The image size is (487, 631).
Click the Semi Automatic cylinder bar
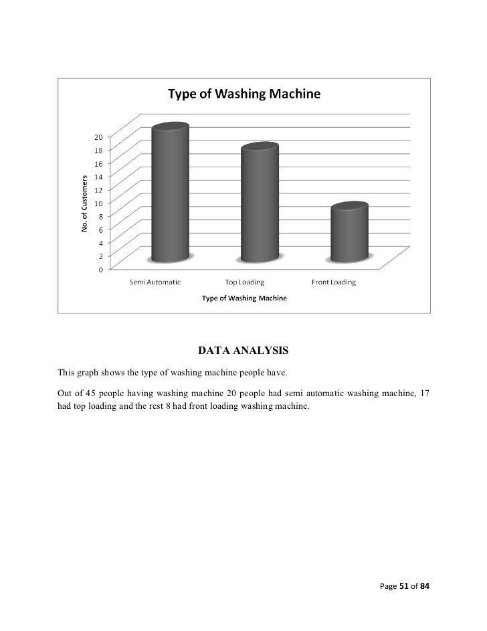pos(171,194)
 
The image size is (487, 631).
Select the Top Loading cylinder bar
pos(260,204)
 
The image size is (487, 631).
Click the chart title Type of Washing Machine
pos(243,94)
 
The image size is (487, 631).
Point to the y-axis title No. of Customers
pos(85,203)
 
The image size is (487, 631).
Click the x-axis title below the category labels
pos(244,298)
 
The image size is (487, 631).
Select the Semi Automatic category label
pos(155,282)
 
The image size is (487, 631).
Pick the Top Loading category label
pos(245,282)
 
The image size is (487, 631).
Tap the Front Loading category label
pos(334,282)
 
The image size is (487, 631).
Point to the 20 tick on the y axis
pos(98,137)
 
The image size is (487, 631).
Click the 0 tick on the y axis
pos(100,270)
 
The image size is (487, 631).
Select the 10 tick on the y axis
pos(98,203)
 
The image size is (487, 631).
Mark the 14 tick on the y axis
pos(98,177)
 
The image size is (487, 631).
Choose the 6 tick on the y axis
pos(100,230)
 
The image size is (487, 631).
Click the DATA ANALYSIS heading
pos(243,350)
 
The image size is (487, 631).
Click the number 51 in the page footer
pos(405,586)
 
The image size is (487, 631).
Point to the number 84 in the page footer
pos(425,586)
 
